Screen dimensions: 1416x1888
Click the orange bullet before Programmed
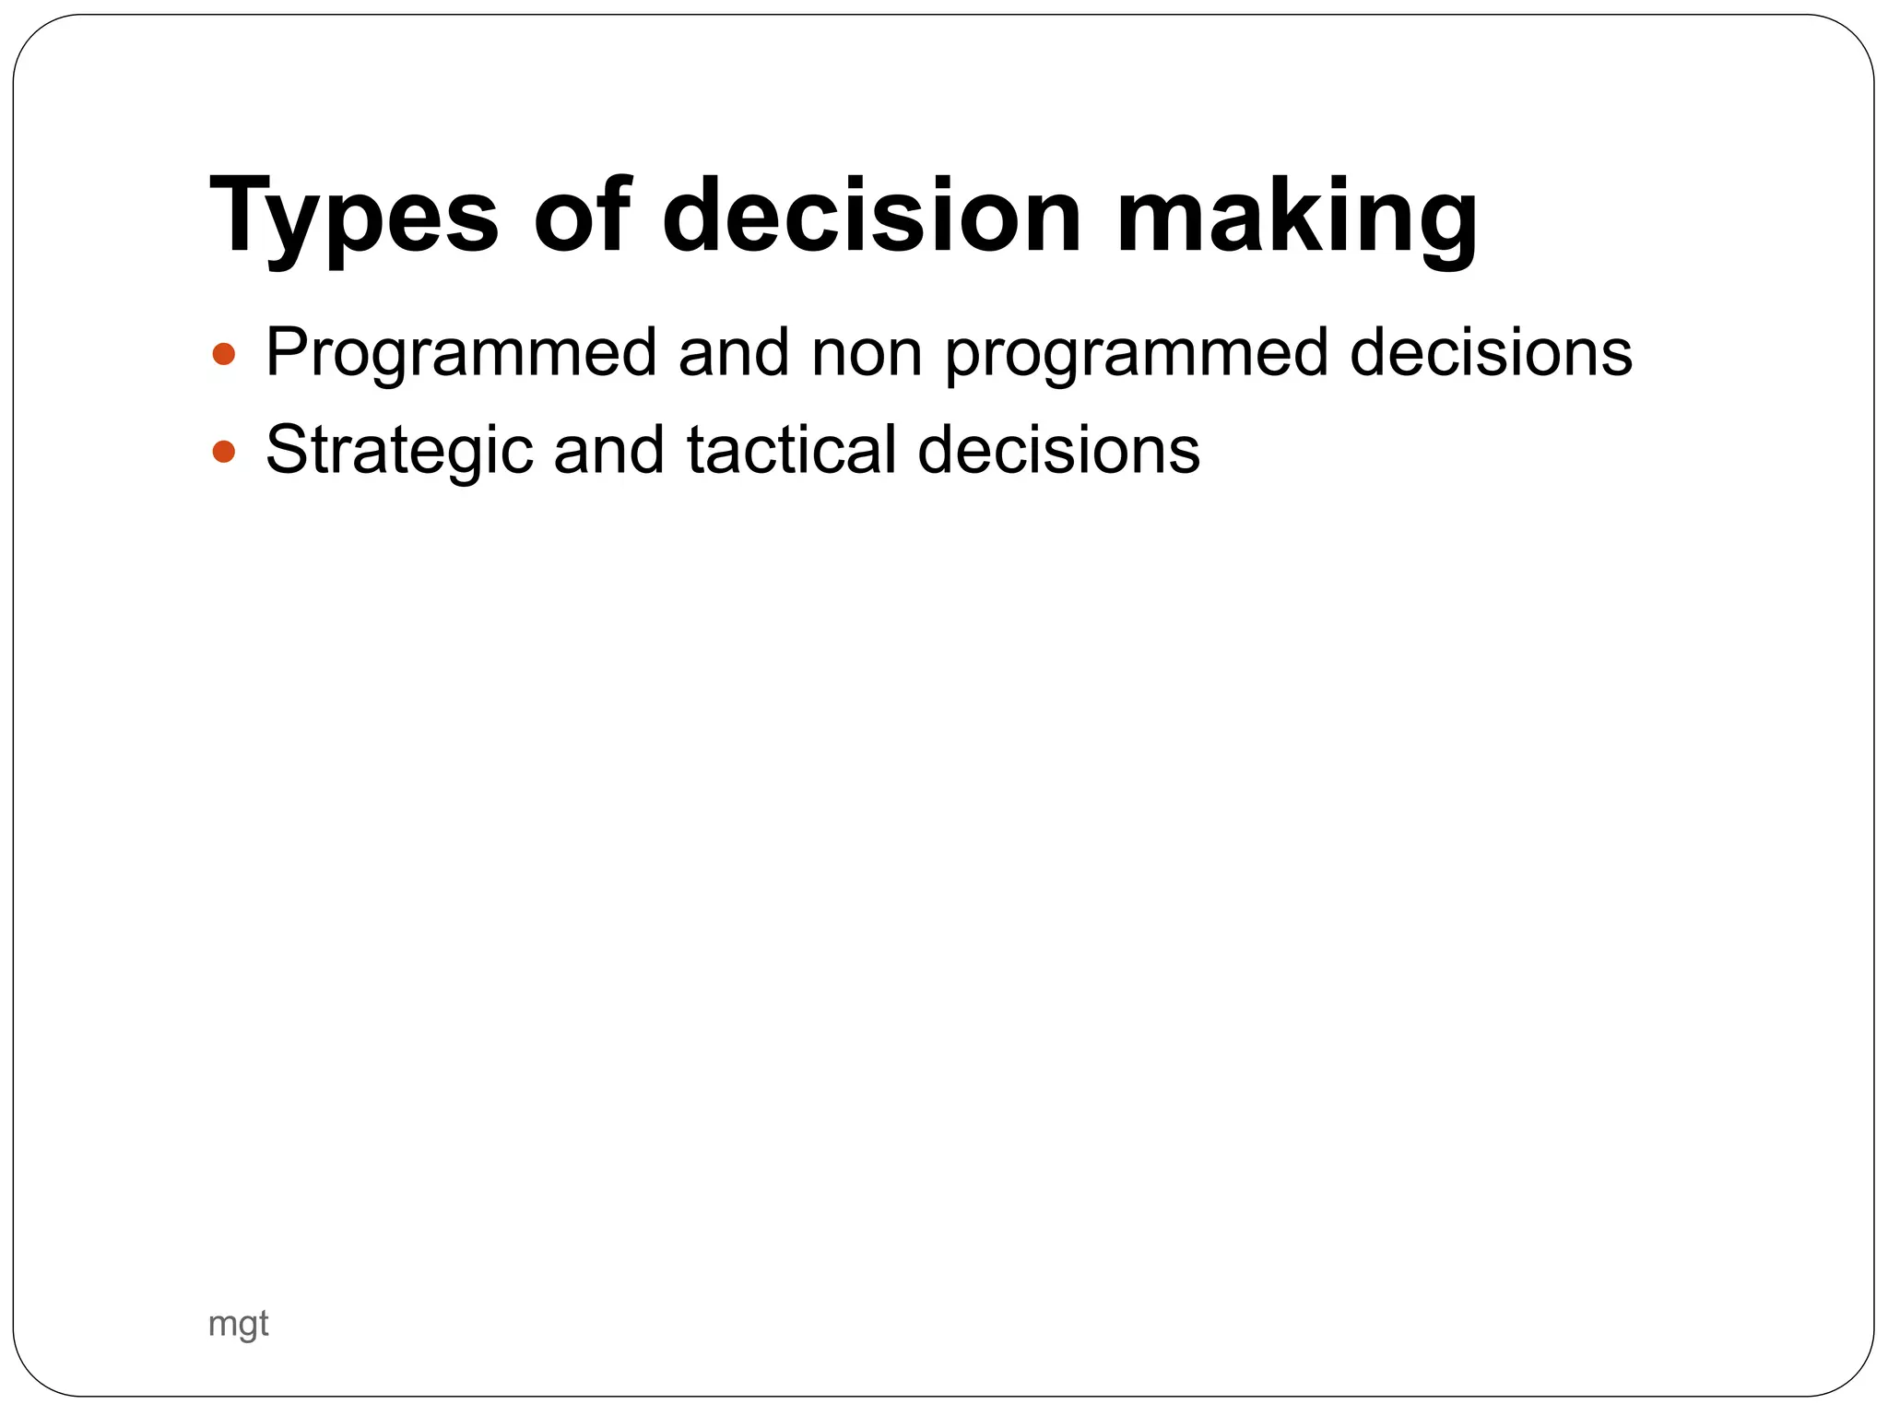point(224,354)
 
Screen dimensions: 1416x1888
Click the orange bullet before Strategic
point(224,452)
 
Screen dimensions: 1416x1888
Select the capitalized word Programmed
point(461,354)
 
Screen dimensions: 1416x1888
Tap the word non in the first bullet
point(867,354)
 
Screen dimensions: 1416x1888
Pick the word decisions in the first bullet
point(1491,352)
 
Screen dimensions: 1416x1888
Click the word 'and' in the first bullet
point(734,352)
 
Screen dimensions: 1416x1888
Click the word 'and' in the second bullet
point(608,450)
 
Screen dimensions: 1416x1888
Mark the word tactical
point(791,450)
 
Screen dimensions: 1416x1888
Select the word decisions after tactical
point(1058,450)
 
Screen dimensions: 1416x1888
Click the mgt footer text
point(238,1324)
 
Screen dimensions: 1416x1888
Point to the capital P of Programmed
point(287,352)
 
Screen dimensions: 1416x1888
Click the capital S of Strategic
point(286,450)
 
